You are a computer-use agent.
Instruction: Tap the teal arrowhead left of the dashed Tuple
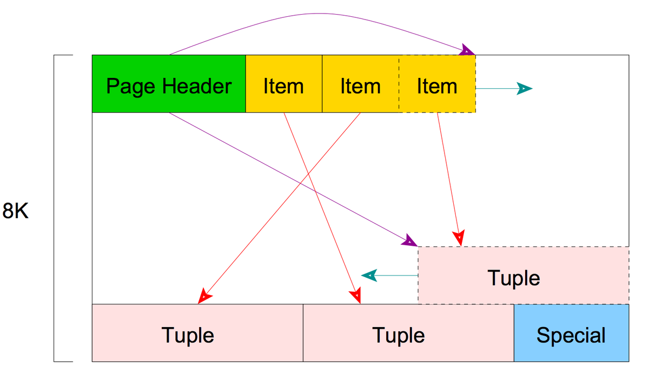coord(369,276)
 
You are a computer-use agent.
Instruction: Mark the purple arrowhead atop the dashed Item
coord(466,51)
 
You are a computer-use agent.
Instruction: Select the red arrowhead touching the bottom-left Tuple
coord(205,296)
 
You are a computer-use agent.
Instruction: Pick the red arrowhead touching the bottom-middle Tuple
coord(355,296)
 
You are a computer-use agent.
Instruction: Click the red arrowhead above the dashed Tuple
coord(459,237)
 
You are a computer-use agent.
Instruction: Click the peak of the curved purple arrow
coord(322,14)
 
